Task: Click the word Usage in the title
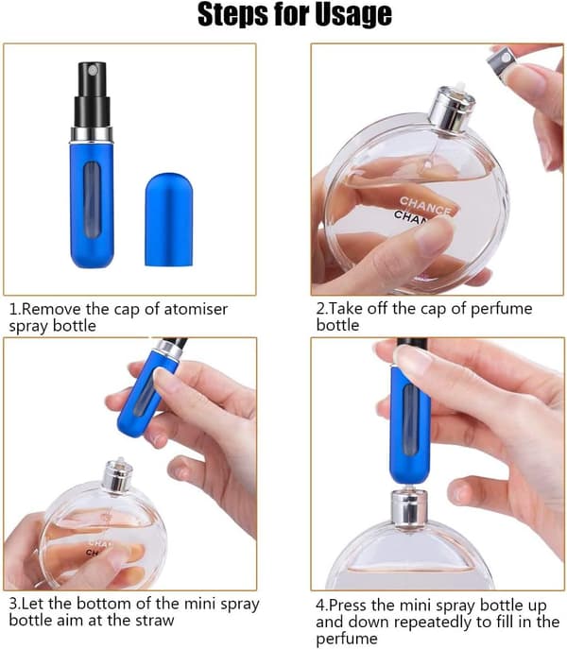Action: click(x=352, y=15)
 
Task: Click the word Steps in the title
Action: click(x=232, y=15)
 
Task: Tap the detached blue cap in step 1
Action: click(x=169, y=219)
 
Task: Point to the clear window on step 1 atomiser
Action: click(x=92, y=199)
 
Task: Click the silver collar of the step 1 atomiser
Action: click(x=92, y=134)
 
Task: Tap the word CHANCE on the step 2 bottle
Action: click(x=425, y=205)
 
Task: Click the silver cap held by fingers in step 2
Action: click(x=500, y=63)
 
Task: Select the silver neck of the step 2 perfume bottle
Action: click(x=451, y=109)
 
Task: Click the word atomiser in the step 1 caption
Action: click(x=196, y=309)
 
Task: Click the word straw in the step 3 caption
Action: click(x=153, y=621)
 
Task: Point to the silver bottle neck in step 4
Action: click(x=409, y=508)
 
